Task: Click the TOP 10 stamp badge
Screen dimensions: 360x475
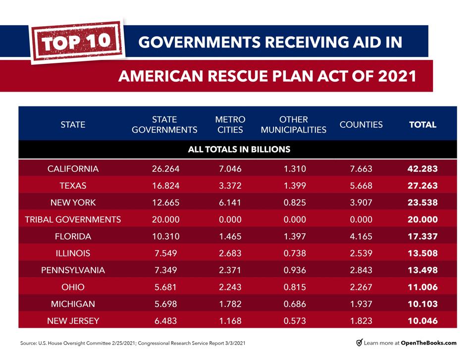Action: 77,42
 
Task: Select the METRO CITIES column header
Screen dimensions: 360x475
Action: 230,125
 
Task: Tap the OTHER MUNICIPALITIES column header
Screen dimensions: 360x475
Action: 293,125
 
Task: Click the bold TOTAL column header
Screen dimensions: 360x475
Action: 422,125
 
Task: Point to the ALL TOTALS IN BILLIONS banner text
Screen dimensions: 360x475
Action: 239,149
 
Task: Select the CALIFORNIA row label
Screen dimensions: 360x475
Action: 73,169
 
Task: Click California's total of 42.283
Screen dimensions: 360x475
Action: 422,169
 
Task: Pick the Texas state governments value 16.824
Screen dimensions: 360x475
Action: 165,186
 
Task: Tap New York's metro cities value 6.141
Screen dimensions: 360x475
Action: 230,203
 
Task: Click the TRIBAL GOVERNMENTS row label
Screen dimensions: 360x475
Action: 73,219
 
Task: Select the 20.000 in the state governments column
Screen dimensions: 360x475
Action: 165,219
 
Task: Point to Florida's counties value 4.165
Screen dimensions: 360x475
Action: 361,236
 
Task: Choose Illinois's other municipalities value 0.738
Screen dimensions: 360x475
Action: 295,253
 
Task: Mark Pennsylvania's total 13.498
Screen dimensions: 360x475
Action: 422,270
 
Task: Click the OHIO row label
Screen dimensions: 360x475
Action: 73,287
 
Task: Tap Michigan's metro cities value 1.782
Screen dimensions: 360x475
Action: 230,304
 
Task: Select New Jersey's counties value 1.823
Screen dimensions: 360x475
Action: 361,321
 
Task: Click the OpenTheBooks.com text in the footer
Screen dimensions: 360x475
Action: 429,343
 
